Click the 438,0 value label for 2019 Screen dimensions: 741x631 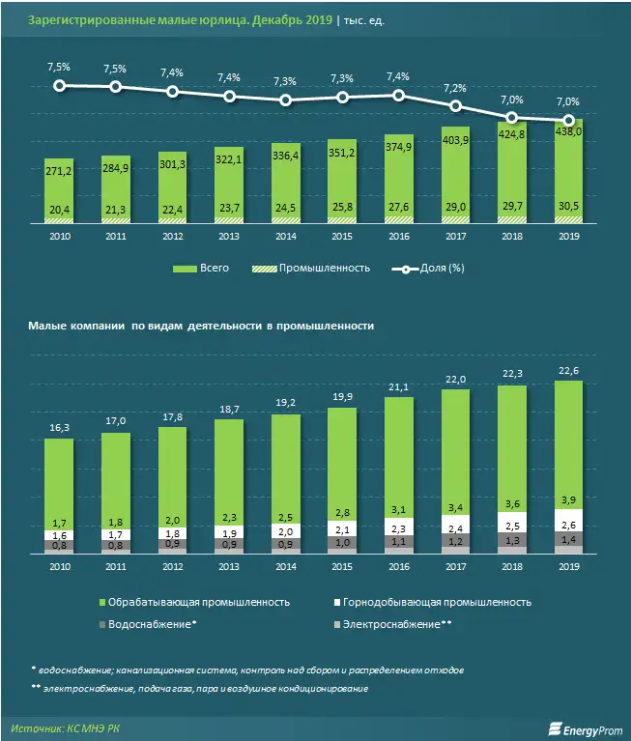(567, 132)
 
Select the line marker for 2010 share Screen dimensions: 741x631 (60, 86)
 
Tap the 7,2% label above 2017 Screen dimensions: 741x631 (454, 88)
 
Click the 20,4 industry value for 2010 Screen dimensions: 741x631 (60, 210)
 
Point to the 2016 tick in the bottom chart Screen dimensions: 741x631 (398, 569)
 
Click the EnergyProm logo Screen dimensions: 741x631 (585, 727)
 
